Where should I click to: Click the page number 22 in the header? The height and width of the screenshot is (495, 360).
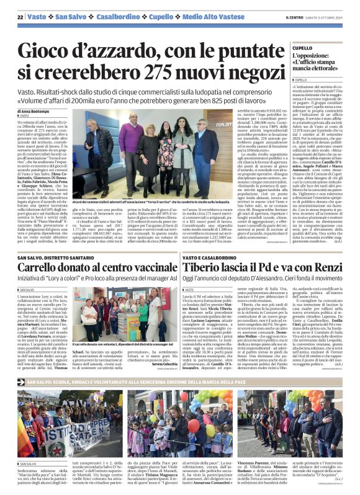[x=20, y=17]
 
